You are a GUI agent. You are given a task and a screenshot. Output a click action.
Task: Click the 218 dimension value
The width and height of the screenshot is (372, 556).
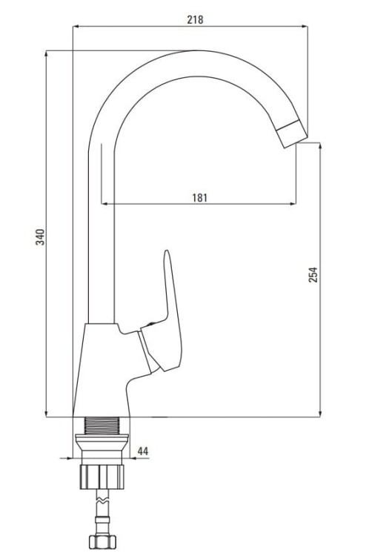tap(195, 19)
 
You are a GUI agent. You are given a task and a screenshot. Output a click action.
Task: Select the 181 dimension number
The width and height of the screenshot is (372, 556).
tap(199, 197)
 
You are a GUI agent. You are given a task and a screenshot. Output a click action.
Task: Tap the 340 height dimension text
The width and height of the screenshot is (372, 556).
tap(41, 237)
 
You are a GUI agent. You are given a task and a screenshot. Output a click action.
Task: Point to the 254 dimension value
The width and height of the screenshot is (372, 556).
tap(313, 274)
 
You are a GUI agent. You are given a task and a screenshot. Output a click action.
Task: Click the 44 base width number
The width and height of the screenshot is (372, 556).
tap(143, 451)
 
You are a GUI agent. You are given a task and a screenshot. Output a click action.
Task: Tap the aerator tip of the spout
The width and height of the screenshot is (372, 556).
tap(291, 133)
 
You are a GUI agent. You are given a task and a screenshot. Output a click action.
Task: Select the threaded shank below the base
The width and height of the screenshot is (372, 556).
tap(102, 426)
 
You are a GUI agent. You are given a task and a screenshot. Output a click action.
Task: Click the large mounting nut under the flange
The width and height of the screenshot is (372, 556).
tap(102, 477)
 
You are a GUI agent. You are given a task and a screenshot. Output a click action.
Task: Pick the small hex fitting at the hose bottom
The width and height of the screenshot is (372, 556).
tap(102, 542)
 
